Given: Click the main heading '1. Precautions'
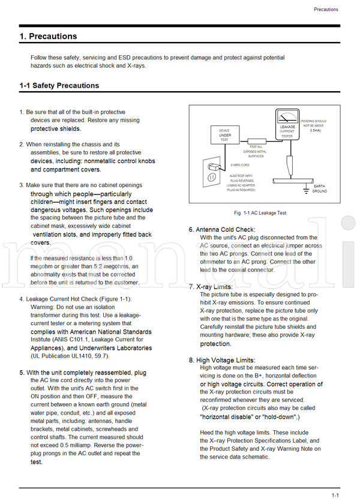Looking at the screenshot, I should click(48, 37).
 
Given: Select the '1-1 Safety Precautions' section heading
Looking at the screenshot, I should click(59, 86).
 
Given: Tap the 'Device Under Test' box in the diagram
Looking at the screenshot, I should click(224, 135).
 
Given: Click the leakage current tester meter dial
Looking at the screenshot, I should click(287, 118).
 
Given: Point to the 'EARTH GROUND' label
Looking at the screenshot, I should click(319, 189).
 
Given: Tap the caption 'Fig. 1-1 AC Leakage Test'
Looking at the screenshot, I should click(260, 213).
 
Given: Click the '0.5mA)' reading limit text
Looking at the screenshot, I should click(310, 130).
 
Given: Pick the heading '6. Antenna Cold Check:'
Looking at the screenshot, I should click(221, 230).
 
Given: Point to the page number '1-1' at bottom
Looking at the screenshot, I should click(335, 495).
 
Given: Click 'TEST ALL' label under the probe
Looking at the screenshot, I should click(256, 147).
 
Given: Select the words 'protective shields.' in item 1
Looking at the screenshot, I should click(56, 128).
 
